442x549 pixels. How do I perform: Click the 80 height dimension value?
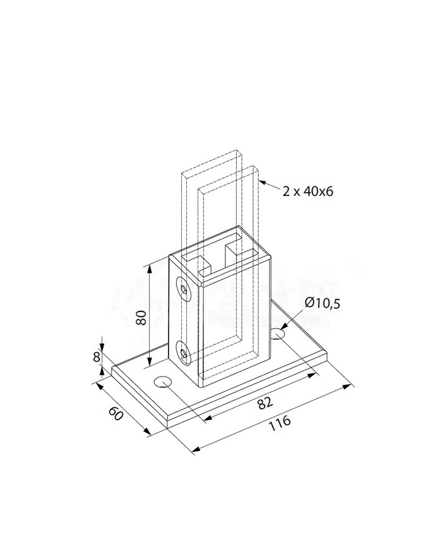[x=141, y=316]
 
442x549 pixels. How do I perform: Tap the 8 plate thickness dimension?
[x=97, y=356]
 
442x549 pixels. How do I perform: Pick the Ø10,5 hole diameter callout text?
[x=322, y=303]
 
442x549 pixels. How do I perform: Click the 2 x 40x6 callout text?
[x=308, y=191]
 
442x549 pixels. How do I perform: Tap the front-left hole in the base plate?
[x=163, y=382]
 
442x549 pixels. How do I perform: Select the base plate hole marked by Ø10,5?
[x=278, y=332]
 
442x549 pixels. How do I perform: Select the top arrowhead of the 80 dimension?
[x=150, y=268]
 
